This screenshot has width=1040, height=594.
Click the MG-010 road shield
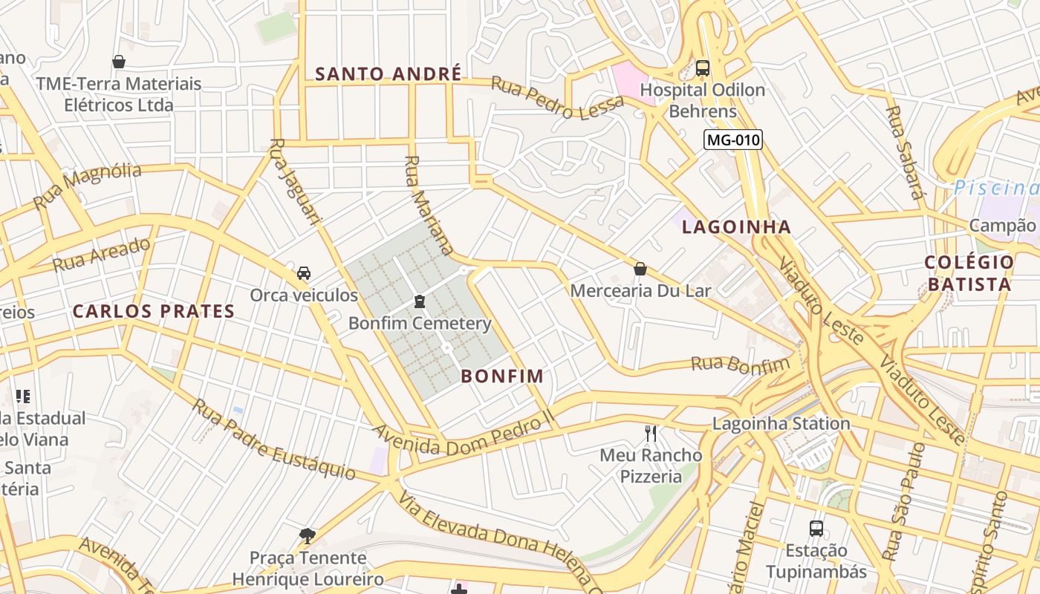pyautogui.click(x=733, y=140)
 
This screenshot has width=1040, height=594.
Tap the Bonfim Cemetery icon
pyautogui.click(x=420, y=301)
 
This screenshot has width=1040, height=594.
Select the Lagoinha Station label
pyautogui.click(x=781, y=424)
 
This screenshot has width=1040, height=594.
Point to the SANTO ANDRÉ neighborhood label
pyautogui.click(x=388, y=74)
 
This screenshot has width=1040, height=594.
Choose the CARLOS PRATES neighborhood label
pyautogui.click(x=154, y=311)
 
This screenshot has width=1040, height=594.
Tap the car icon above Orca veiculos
pyautogui.click(x=304, y=273)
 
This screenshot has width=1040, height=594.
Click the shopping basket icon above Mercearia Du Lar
pyautogui.click(x=640, y=269)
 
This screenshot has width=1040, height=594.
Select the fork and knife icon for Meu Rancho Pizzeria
pyautogui.click(x=651, y=433)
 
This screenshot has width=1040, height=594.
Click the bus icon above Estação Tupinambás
pyautogui.click(x=816, y=529)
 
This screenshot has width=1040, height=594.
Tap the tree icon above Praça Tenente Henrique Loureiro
pyautogui.click(x=308, y=535)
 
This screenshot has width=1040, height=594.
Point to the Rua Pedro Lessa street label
pyautogui.click(x=557, y=97)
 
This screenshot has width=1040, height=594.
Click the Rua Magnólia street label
pyautogui.click(x=88, y=186)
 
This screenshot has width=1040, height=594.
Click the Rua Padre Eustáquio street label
pyautogui.click(x=274, y=439)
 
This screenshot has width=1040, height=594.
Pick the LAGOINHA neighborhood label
pyautogui.click(x=736, y=227)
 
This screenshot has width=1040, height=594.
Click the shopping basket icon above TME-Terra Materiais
pyautogui.click(x=119, y=62)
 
